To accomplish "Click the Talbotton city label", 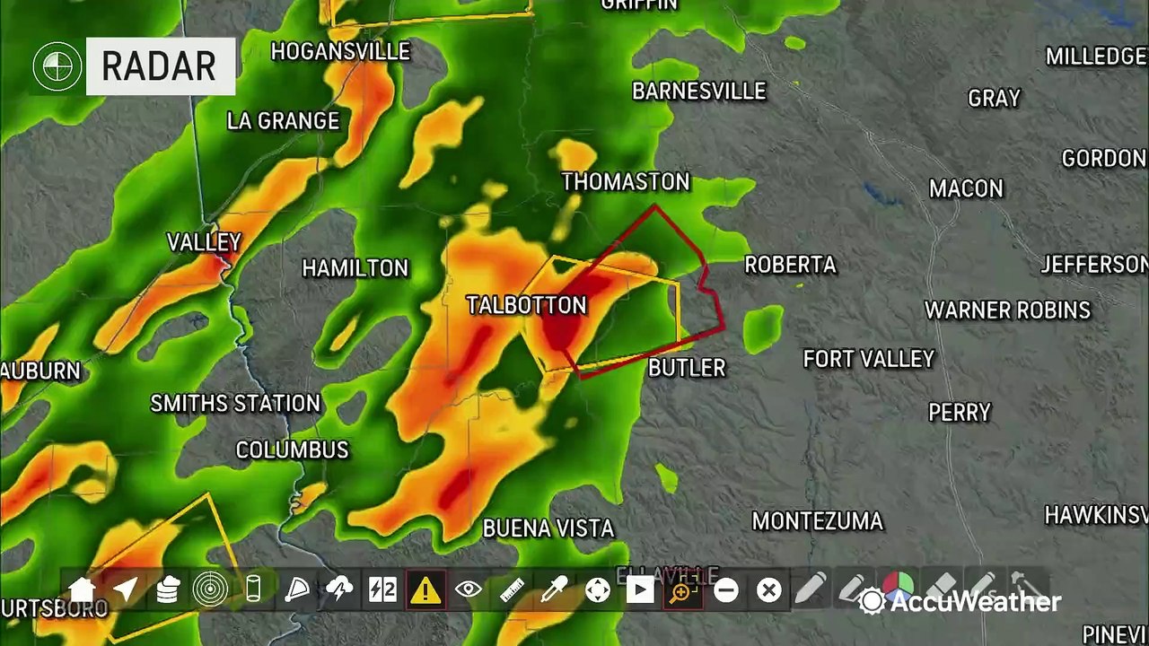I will pos(526,305).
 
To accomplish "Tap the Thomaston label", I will pos(626,182).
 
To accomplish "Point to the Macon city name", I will pos(966,188).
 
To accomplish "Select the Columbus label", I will pos(292,450).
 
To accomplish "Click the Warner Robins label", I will pos(1007,310).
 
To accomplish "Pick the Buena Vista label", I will pos(548,528).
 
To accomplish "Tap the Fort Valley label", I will pos(868,359).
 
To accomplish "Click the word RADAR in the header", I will pos(159,66).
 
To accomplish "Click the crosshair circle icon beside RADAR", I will pos(56,66).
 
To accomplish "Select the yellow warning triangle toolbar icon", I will pos(425,590).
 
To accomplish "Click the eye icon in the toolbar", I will pos(469,590).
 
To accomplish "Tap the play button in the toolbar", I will pos(640,590).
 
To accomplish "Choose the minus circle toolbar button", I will pos(726,590).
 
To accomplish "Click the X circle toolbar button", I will pos(768,590).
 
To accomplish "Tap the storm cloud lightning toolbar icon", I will pos(339,590).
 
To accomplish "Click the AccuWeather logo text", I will pos(975,601).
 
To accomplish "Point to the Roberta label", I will pos(790,265).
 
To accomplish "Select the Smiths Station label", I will pos(235,404).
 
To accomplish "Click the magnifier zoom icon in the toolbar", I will pos(682,590).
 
